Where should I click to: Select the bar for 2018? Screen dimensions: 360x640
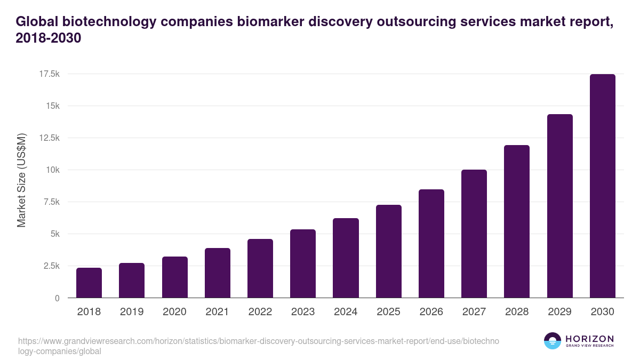(x=89, y=283)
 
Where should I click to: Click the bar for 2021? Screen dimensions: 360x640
(x=218, y=273)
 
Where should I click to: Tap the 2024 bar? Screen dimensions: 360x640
(x=346, y=258)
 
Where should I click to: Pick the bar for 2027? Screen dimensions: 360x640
(x=474, y=234)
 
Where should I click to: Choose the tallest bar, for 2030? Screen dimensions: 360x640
(x=602, y=186)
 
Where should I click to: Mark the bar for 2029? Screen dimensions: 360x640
(x=559, y=206)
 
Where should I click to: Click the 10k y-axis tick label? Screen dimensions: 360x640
(x=52, y=170)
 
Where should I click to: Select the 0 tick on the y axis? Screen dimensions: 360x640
(x=57, y=298)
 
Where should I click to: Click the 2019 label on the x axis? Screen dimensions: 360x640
(x=131, y=312)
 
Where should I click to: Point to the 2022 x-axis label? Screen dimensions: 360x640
(x=260, y=312)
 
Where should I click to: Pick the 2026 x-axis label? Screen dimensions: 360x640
(x=431, y=312)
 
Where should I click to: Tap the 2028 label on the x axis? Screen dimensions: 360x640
(x=516, y=312)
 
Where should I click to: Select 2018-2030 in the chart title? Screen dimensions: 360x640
(x=49, y=39)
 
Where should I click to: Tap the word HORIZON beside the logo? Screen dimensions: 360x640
(x=590, y=338)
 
